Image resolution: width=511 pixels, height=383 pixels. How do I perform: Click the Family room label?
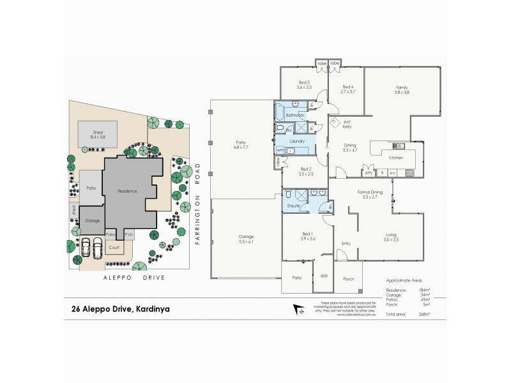(402, 87)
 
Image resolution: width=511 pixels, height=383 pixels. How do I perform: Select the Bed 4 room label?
(347, 87)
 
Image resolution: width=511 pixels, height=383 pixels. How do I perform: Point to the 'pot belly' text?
(347, 124)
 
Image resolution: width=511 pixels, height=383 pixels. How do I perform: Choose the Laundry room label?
(296, 140)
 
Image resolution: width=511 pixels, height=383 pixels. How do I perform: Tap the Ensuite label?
(293, 207)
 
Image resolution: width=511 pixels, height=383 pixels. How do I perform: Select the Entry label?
(346, 243)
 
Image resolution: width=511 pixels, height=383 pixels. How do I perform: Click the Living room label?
(391, 236)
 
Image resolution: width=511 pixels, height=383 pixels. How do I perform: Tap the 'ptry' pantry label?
(369, 172)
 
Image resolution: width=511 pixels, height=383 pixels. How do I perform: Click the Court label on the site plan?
(114, 247)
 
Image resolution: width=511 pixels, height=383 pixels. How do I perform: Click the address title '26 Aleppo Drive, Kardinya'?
(116, 310)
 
